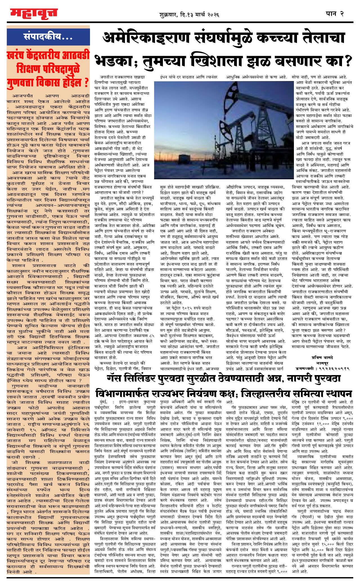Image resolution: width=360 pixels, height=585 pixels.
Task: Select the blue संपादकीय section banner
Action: [x=48, y=37]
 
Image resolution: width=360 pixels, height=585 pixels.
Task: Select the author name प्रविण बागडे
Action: [x=322, y=358]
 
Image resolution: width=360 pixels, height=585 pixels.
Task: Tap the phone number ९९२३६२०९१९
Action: [x=334, y=369]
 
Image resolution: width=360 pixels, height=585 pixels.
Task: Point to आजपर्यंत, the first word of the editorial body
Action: [x=22, y=96]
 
